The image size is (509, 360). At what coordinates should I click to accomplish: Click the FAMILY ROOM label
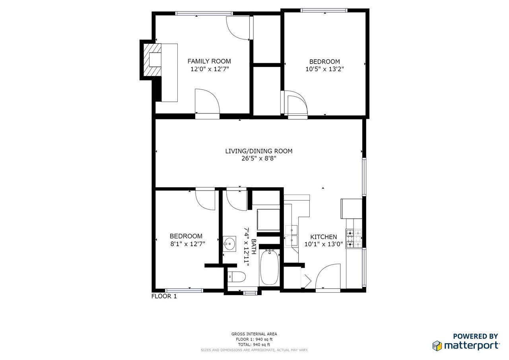click(x=209, y=61)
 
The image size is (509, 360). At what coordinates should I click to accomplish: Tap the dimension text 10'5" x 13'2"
click(x=324, y=69)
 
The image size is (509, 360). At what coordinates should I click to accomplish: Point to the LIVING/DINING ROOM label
click(x=259, y=151)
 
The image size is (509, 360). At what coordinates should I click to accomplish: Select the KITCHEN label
click(x=324, y=237)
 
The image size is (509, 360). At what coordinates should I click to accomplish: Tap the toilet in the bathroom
click(x=237, y=277)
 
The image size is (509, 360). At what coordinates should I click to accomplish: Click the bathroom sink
click(x=229, y=244)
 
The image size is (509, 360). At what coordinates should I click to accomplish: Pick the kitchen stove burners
click(x=354, y=239)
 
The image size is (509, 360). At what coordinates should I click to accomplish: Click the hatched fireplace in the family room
click(x=152, y=60)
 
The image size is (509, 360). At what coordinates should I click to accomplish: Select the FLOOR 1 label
click(x=164, y=296)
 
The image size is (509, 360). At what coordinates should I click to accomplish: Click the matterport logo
click(x=466, y=346)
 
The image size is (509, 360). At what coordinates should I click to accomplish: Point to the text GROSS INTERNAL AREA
click(x=254, y=334)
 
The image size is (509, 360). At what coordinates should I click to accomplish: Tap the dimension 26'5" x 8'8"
click(x=259, y=158)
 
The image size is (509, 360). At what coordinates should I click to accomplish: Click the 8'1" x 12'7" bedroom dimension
click(x=188, y=244)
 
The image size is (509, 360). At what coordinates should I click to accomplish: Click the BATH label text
click(x=254, y=247)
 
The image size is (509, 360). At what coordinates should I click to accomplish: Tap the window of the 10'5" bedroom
click(x=324, y=10)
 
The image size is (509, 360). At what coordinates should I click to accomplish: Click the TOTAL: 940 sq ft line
click(x=254, y=345)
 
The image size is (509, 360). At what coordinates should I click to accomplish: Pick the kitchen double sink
click(x=291, y=235)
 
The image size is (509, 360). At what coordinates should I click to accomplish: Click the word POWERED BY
click(x=476, y=336)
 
